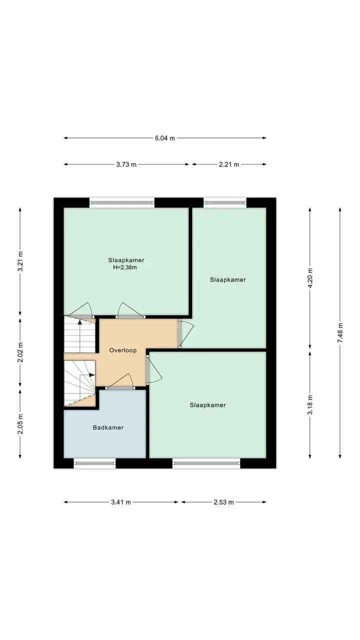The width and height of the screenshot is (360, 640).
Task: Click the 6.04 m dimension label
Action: [x=165, y=138]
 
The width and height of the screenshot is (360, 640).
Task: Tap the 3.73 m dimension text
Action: [x=126, y=164]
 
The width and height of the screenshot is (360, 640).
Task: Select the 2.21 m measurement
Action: [x=229, y=164]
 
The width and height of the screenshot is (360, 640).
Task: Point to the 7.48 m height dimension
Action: [x=340, y=333]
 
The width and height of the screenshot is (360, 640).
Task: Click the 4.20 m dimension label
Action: [x=310, y=278]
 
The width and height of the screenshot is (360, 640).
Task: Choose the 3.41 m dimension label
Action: [x=121, y=502]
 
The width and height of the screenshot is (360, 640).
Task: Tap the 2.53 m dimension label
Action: [x=223, y=502]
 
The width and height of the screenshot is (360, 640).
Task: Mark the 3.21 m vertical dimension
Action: [x=20, y=261]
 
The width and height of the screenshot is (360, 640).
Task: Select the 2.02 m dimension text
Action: [x=20, y=352]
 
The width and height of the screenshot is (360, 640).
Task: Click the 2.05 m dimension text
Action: [x=20, y=423]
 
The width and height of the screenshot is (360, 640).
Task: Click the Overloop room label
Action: [x=123, y=350]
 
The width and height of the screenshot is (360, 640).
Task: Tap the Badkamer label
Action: [x=108, y=427]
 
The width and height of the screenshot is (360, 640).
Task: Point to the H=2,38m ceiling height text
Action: [x=125, y=267]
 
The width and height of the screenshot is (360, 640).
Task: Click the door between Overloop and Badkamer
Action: [x=120, y=381]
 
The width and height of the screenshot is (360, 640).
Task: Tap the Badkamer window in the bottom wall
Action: [x=95, y=463]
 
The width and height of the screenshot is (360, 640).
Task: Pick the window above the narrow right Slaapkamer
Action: [x=225, y=202]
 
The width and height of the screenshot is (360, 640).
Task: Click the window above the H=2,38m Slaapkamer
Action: [x=122, y=202]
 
